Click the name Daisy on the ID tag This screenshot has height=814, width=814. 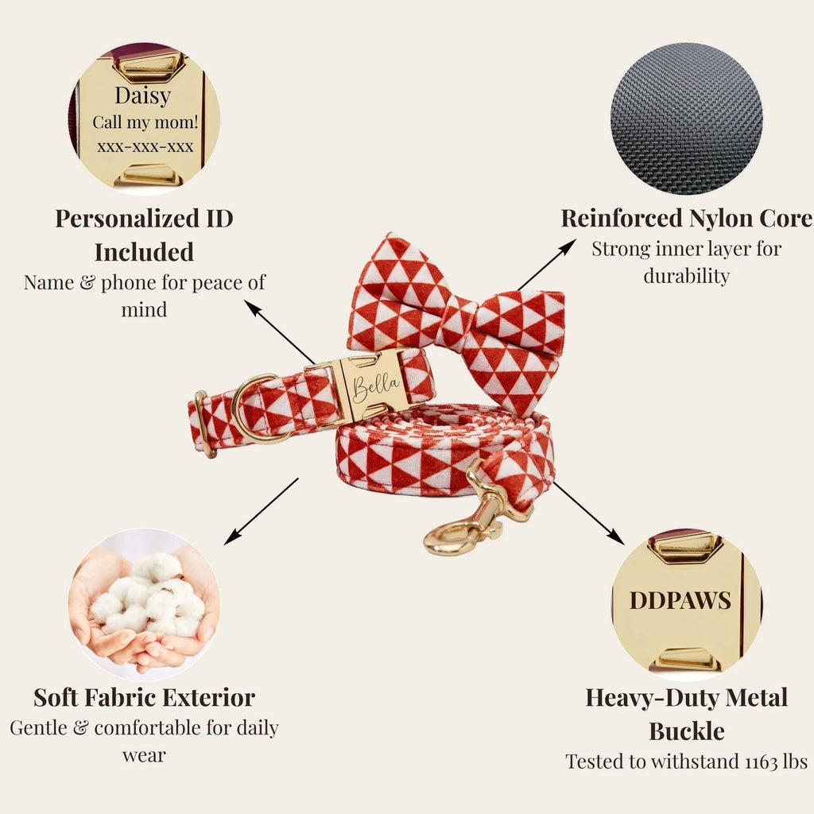pos(143,96)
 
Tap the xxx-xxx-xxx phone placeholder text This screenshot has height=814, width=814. pos(145,147)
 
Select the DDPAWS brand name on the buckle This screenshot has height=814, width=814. pos(680,601)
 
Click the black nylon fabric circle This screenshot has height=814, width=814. pos(686,118)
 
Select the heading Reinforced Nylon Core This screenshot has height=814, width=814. pos(686,219)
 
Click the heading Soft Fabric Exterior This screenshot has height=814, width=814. pos(145,698)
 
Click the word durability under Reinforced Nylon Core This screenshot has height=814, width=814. pos(686,276)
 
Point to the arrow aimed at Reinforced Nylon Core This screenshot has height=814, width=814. pos(547,264)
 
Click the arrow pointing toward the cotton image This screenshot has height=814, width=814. pos(261,511)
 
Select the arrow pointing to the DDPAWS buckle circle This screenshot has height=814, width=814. pos(589,514)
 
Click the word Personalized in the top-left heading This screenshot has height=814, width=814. pos(126,219)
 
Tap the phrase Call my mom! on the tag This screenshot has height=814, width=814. pos(145,122)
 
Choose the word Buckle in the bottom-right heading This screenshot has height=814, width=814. pos(686,731)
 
